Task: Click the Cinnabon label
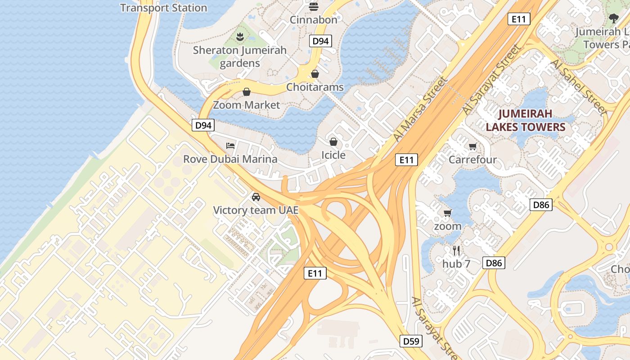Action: (313, 20)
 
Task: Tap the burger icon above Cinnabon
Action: (314, 6)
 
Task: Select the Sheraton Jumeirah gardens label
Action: (239, 57)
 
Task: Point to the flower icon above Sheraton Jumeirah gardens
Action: (240, 36)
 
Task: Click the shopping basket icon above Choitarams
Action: (315, 74)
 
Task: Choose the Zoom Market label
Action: (246, 105)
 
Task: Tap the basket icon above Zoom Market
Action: (247, 92)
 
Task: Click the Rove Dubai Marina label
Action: (230, 159)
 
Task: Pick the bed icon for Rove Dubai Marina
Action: (230, 146)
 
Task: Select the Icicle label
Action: (333, 155)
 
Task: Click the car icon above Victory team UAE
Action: (256, 197)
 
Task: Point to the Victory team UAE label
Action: (256, 210)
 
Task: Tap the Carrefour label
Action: (472, 159)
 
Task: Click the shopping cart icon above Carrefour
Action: (472, 146)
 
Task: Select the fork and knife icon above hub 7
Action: (456, 251)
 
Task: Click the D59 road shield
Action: (411, 341)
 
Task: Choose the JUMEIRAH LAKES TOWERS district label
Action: (525, 120)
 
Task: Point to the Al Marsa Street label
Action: (420, 109)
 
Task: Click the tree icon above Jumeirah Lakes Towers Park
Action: (613, 18)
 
